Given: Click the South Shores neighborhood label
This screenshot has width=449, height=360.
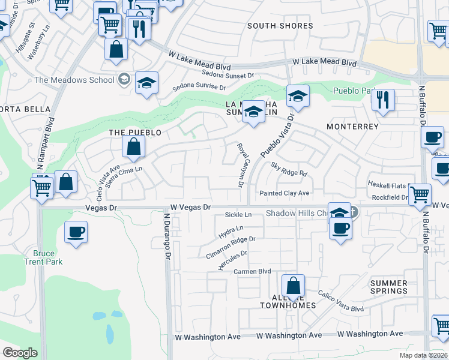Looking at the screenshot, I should pos(280,26).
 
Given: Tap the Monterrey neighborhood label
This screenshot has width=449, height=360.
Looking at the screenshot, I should pos(352,127).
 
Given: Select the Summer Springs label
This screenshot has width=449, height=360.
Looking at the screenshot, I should pos(388,287).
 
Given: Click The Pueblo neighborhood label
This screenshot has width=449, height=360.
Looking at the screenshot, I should pos(135,132).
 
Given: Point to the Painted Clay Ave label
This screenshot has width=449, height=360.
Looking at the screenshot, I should pos(284,193).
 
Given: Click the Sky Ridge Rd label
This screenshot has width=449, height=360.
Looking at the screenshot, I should pos(289,169).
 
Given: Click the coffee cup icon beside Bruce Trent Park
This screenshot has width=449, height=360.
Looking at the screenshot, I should pos(76,232).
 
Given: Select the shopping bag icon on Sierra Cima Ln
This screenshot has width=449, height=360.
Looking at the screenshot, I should pos(133,146).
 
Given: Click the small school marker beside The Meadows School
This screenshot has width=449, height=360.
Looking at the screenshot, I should pos(124,79).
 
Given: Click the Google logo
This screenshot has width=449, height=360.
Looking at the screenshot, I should pos(20,352).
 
